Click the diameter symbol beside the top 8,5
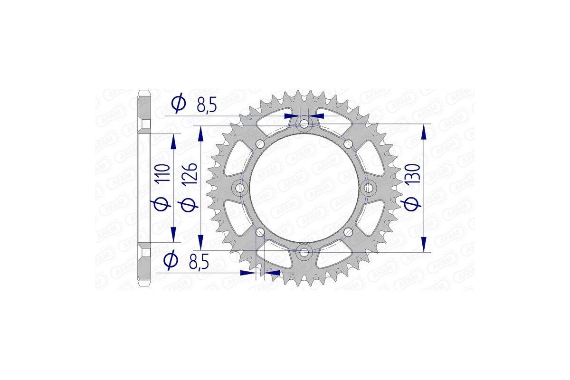coord(179,104)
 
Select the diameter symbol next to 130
coord(413,203)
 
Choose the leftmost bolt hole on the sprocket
coord(240,189)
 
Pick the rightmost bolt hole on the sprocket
coord(367,189)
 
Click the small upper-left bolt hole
coord(259,144)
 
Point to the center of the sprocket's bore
coord(304,189)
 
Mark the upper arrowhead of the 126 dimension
coord(201,133)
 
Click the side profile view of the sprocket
coord(144,188)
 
